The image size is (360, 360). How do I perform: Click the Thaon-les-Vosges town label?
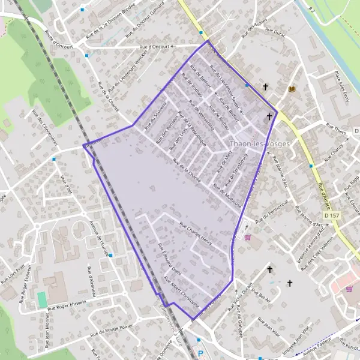[x=260, y=144]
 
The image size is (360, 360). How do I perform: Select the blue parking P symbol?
[x=201, y=354]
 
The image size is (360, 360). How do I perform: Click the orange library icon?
[x=292, y=89]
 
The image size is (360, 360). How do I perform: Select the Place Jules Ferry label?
[x=341, y=85]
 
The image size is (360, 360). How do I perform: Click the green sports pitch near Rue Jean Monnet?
[x=41, y=298]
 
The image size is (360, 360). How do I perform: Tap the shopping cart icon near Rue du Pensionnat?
[x=248, y=237]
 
